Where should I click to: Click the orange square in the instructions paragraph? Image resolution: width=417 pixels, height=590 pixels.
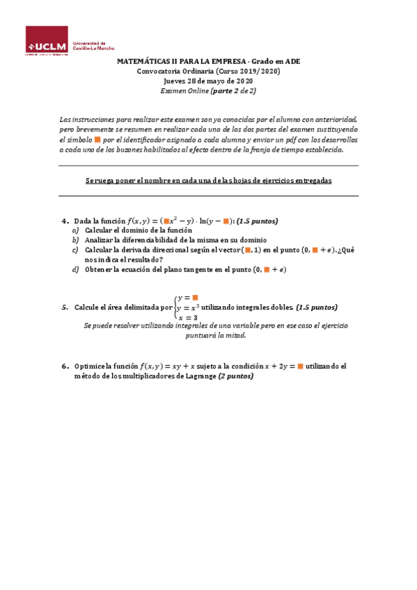point(97,139)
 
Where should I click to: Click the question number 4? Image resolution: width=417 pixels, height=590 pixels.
point(63,221)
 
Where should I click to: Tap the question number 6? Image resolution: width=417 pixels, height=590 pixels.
point(63,365)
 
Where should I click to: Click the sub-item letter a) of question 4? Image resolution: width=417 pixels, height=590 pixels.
point(75,230)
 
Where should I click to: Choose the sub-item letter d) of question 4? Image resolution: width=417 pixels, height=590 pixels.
point(75,269)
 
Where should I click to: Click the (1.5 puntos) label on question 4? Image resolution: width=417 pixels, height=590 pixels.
point(257,221)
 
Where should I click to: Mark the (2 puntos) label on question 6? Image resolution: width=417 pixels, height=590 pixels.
point(236,376)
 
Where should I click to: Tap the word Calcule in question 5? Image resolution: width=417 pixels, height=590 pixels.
point(88,307)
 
